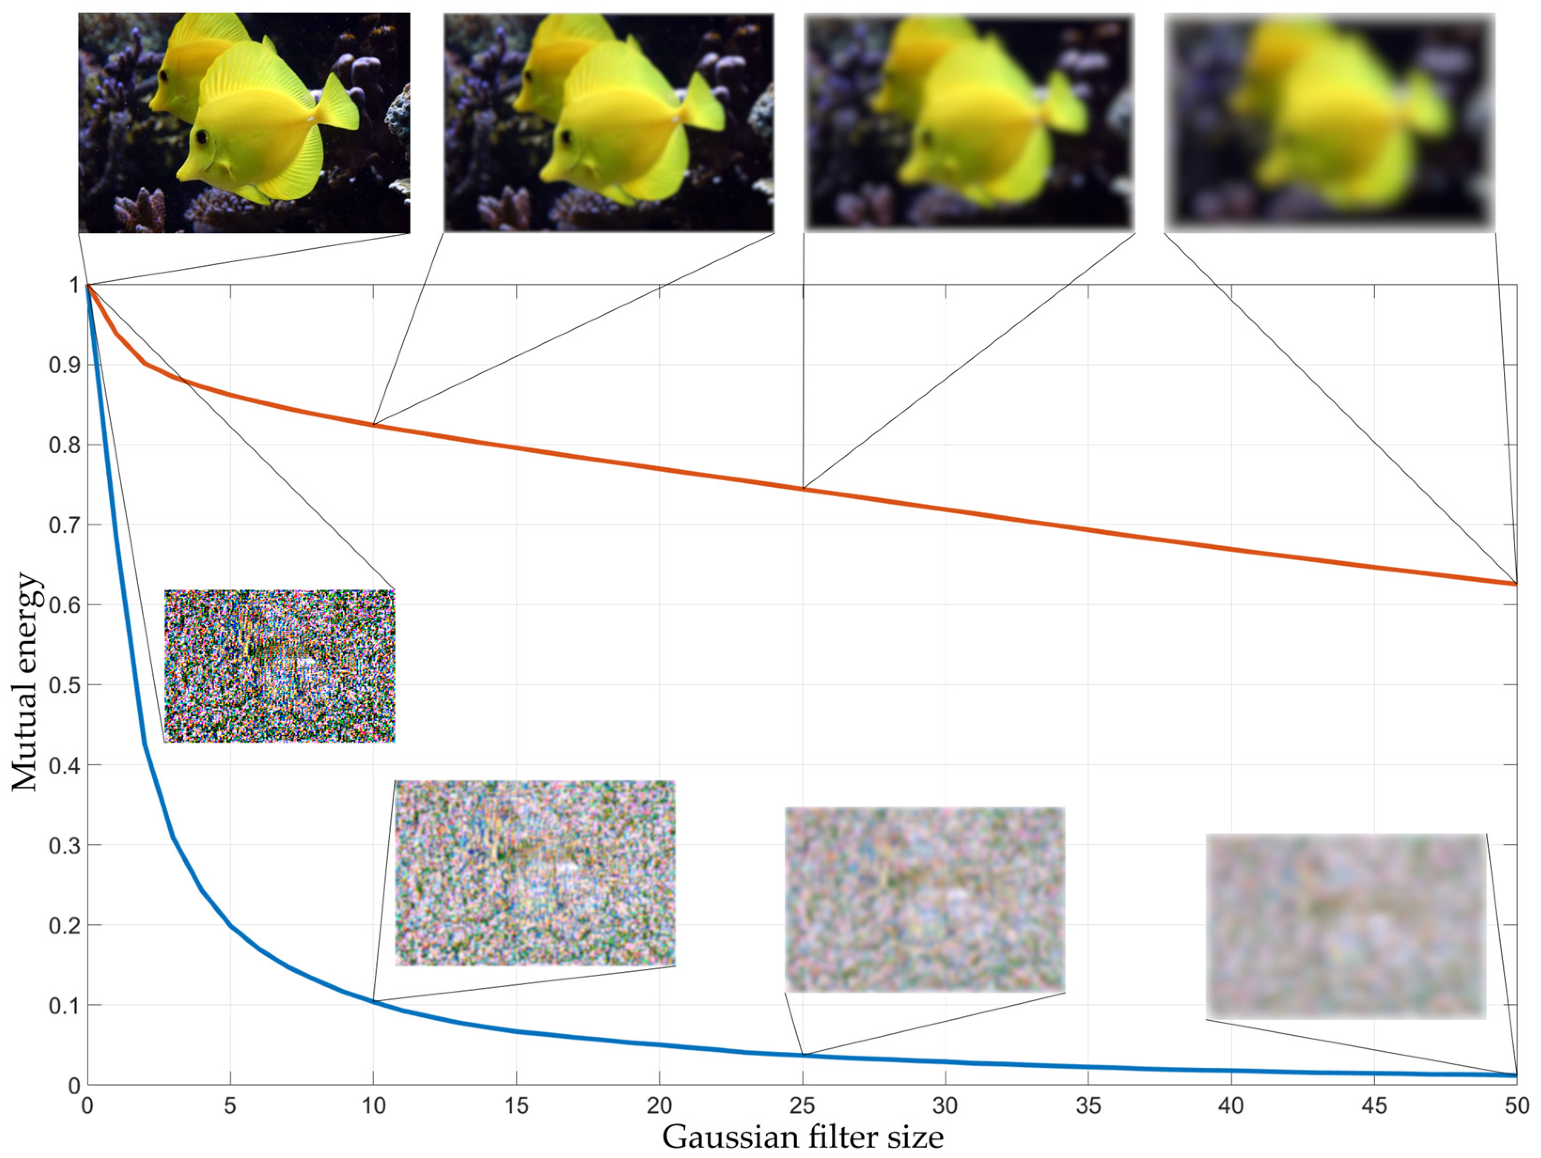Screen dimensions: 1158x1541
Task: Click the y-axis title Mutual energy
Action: click(26, 683)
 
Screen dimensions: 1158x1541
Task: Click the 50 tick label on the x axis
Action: click(1516, 1106)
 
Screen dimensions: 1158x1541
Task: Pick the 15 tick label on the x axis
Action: click(516, 1106)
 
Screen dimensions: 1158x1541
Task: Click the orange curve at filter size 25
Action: click(803, 488)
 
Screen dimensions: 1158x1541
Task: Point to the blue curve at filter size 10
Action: click(374, 1001)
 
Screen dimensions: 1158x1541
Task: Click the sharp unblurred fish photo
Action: click(244, 123)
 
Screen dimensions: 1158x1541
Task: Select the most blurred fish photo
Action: click(1329, 123)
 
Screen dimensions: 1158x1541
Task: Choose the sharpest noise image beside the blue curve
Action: click(279, 666)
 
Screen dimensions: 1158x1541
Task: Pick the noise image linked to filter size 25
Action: click(924, 900)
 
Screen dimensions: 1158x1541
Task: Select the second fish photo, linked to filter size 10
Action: click(608, 123)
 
